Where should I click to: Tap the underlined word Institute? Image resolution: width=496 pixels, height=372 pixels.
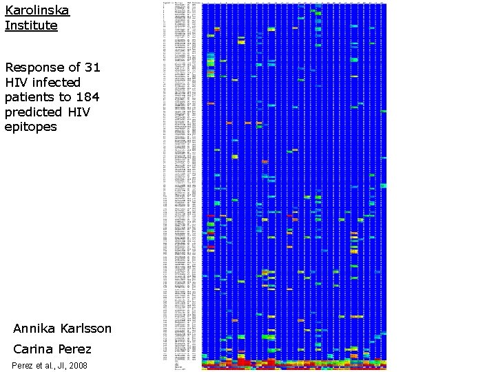[31, 25]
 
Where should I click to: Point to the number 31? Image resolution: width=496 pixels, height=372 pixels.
[92, 68]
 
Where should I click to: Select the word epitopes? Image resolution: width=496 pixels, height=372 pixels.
[30, 127]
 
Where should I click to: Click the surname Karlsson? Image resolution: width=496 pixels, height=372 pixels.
[87, 328]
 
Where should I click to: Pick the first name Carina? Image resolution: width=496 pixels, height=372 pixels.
[34, 349]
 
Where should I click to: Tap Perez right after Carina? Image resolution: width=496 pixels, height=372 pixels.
[74, 349]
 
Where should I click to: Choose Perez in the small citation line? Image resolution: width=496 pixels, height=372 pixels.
[22, 365]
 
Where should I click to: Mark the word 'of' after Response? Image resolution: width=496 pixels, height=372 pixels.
[74, 68]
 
